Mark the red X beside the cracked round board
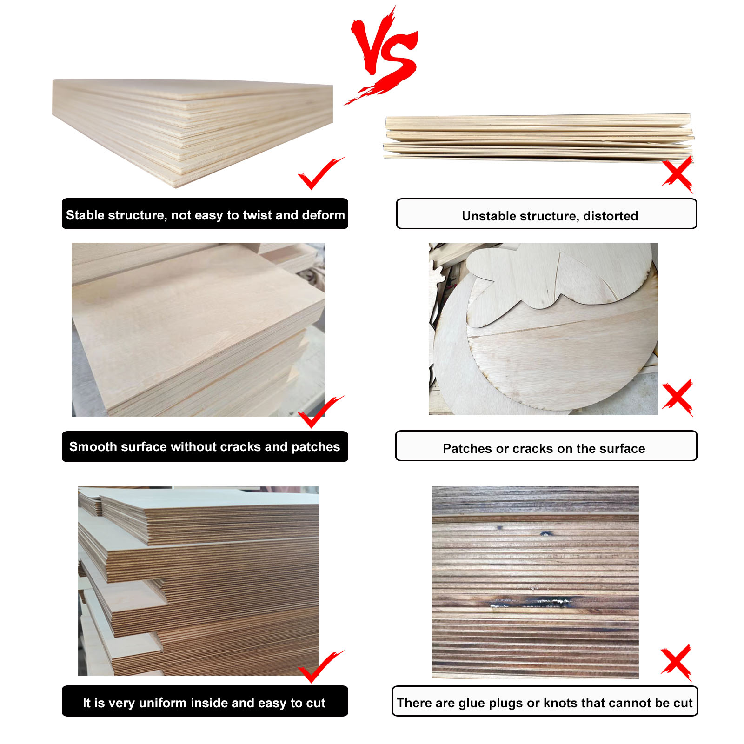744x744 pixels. (x=678, y=398)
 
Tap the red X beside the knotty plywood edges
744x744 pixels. (x=677, y=663)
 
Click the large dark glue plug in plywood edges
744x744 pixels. (x=530, y=603)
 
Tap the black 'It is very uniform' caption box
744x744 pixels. (x=205, y=701)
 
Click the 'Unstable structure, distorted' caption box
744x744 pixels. (x=546, y=214)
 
